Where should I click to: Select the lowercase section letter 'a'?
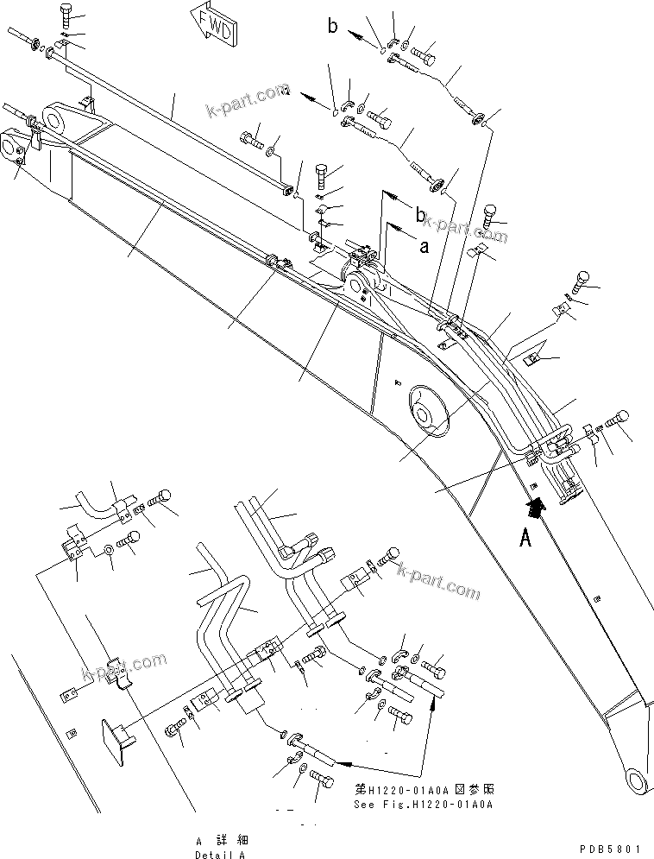coord(423,247)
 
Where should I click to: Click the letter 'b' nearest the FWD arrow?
coord(333,27)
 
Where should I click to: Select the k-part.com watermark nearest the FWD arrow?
coord(247,102)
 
